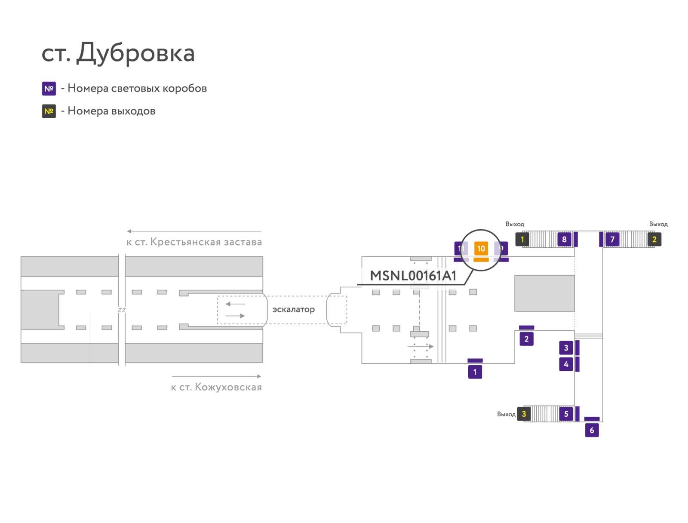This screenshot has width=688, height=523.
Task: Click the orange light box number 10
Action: pyautogui.click(x=480, y=249)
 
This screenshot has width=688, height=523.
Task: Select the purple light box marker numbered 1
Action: pyautogui.click(x=475, y=372)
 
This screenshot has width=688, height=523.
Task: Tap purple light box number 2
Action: pyautogui.click(x=526, y=339)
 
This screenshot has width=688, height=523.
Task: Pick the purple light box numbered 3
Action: pyautogui.click(x=566, y=348)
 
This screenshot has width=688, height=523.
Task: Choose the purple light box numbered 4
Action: pyautogui.click(x=566, y=364)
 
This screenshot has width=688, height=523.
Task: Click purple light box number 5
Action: pyautogui.click(x=566, y=414)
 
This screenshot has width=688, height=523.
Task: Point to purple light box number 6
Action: pyautogui.click(x=591, y=430)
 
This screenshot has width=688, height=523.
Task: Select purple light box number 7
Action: pyautogui.click(x=612, y=240)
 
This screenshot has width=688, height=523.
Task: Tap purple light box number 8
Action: pyautogui.click(x=564, y=240)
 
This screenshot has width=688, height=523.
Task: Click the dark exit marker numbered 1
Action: pyautogui.click(x=522, y=240)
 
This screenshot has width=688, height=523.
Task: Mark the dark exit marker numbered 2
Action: pyautogui.click(x=654, y=240)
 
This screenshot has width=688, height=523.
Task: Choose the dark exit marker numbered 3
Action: pyautogui.click(x=523, y=414)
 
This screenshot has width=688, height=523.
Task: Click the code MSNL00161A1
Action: pyautogui.click(x=413, y=276)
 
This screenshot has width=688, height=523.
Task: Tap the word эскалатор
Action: pyautogui.click(x=293, y=309)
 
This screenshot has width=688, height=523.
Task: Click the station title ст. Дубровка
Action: pyautogui.click(x=118, y=52)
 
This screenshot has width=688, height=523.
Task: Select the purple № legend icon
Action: pyautogui.click(x=49, y=88)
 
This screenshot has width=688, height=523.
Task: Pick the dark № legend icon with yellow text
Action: pyautogui.click(x=49, y=111)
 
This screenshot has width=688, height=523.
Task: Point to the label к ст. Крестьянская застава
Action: pyautogui.click(x=194, y=242)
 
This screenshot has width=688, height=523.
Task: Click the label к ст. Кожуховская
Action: pyautogui.click(x=216, y=387)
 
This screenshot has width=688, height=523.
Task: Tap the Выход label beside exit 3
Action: pyautogui.click(x=506, y=414)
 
